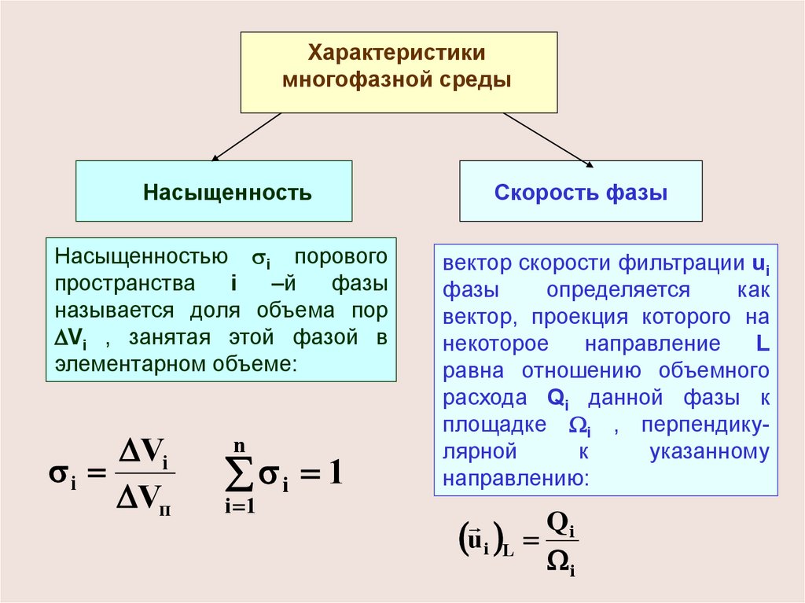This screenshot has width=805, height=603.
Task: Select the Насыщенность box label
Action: click(x=227, y=193)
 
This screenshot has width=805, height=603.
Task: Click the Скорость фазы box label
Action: click(x=581, y=193)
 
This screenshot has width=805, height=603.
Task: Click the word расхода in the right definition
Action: click(x=484, y=398)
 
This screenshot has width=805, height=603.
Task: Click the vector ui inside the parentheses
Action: click(x=477, y=542)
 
